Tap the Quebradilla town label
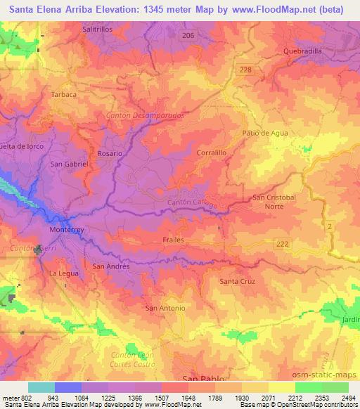tap(302, 51)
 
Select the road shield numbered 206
tap(187, 34)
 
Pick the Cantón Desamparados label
tap(145, 115)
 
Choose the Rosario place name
tap(110, 152)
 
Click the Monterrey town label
tap(67, 229)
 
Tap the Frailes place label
tap(173, 240)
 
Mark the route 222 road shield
tap(283, 243)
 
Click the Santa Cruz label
tap(237, 281)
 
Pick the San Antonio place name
tap(165, 308)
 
